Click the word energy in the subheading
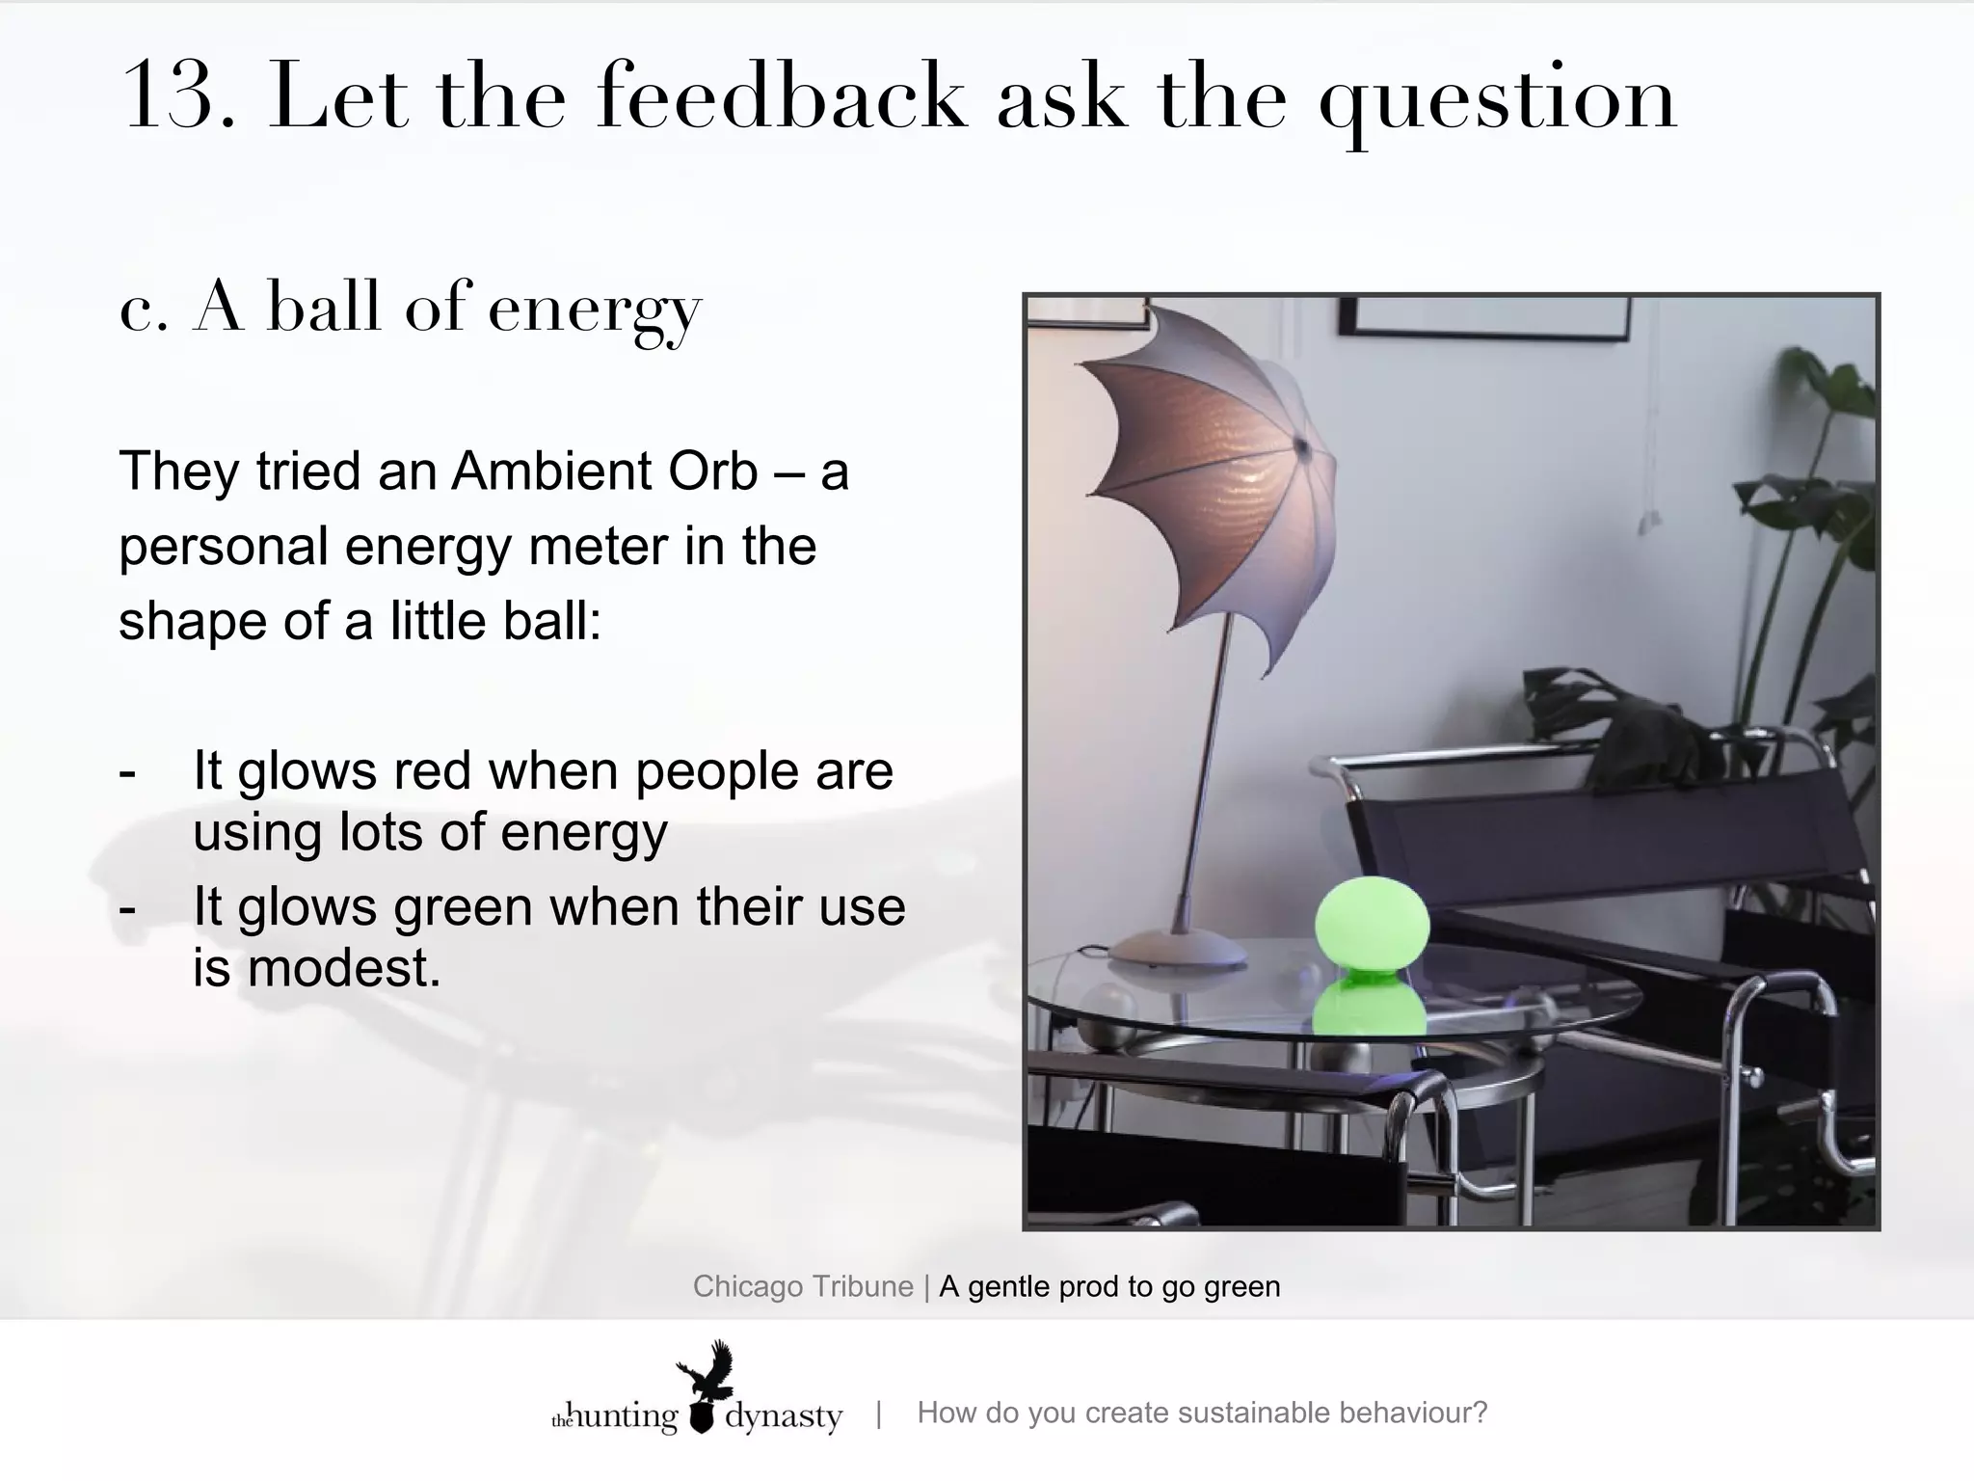pyautogui.click(x=595, y=310)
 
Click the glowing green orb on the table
pyautogui.click(x=1371, y=925)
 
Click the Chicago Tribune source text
pyautogui.click(x=802, y=1287)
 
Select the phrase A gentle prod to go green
pyautogui.click(x=1109, y=1287)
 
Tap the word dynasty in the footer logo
pyautogui.click(x=783, y=1416)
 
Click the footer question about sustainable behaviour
pyautogui.click(x=1201, y=1414)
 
